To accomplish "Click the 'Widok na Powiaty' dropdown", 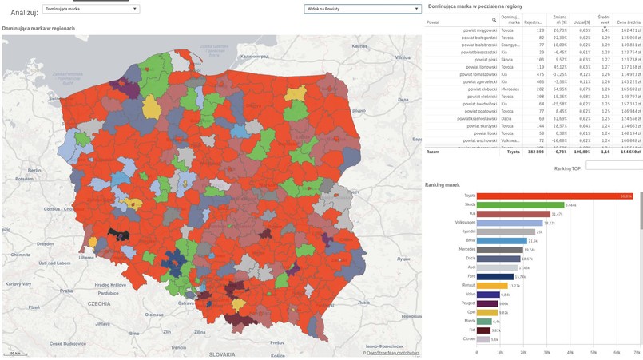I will (362, 9).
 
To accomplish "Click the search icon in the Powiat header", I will (494, 20).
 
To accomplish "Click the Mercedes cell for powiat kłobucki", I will (510, 89).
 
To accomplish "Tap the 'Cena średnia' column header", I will (628, 22).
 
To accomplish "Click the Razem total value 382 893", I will (534, 152).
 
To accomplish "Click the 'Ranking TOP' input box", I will (613, 165).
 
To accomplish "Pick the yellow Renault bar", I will (491, 286).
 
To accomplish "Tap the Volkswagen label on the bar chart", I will (465, 223).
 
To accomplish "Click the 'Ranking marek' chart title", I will (442, 185).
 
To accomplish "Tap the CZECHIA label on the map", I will (99, 304).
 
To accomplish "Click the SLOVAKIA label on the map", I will (222, 354).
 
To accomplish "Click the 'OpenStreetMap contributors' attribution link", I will (392, 353).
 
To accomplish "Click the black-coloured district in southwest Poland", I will (118, 235).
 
